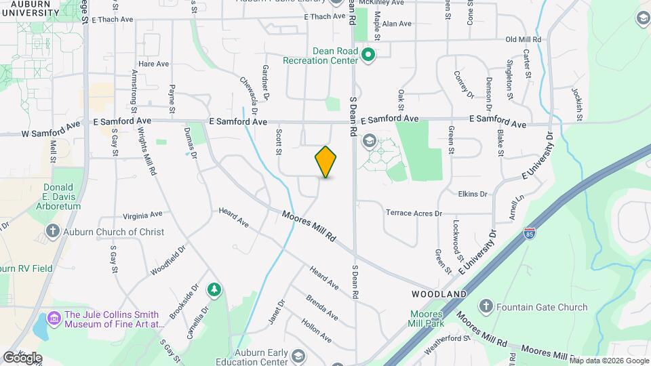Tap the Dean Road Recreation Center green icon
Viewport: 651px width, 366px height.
pyautogui.click(x=369, y=54)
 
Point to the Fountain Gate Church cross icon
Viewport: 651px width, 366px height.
pyautogui.click(x=486, y=307)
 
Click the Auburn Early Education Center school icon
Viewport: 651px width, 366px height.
pyautogui.click(x=298, y=356)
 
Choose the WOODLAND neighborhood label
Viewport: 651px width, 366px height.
pyautogui.click(x=439, y=294)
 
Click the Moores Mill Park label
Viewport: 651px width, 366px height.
pyautogui.click(x=427, y=319)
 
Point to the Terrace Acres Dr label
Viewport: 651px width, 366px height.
pyautogui.click(x=414, y=213)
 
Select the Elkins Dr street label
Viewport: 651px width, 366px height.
pyautogui.click(x=473, y=194)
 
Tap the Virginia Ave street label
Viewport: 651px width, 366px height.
pyautogui.click(x=142, y=214)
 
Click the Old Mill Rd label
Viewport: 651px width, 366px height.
pyautogui.click(x=527, y=40)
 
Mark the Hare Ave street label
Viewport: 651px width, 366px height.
pyautogui.click(x=153, y=64)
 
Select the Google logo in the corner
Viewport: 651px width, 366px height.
pyautogui.click(x=22, y=357)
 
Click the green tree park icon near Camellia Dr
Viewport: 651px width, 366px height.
pyautogui.click(x=214, y=290)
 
